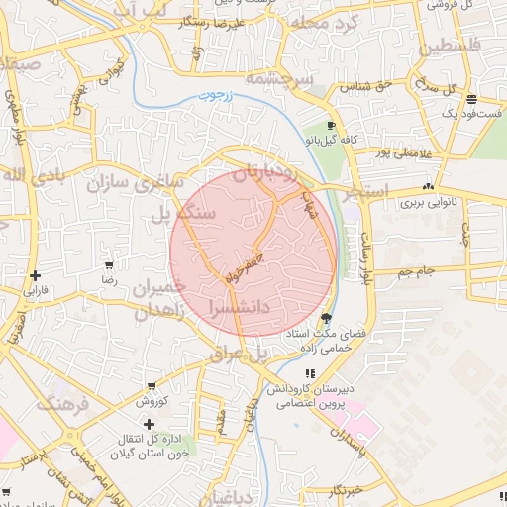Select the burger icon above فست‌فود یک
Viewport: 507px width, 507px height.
tap(471, 99)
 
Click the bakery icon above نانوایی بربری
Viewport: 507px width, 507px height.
tap(428, 186)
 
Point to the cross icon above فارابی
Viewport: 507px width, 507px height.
tap(36, 276)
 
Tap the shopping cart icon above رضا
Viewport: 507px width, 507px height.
tap(108, 265)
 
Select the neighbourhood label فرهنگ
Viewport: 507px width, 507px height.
tap(63, 404)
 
